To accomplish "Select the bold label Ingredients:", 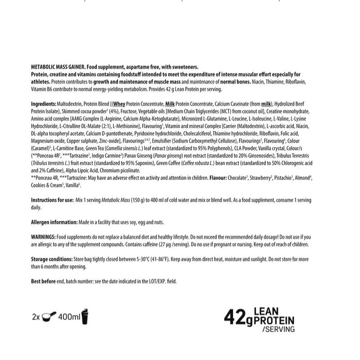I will click(44, 103).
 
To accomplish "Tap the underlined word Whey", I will click(119, 103).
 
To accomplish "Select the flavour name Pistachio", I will click(283, 178).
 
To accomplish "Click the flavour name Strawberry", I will click(261, 178).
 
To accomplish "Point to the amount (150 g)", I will click(138, 200).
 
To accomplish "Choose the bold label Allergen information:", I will click(54, 222).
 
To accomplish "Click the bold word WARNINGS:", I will click(43, 237).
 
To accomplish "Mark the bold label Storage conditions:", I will click(52, 259).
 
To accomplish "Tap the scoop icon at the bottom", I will click(49, 317).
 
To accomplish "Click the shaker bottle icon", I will click(85, 316).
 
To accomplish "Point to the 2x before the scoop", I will click(36, 317).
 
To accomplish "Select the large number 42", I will click(235, 318).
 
